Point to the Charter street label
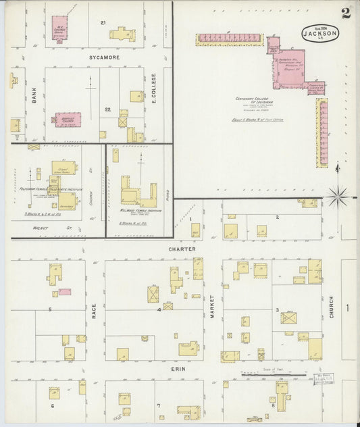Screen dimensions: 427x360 (182, 249)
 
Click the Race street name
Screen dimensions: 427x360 (94, 311)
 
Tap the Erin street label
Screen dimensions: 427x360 (178, 370)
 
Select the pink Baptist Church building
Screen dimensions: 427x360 (68, 120)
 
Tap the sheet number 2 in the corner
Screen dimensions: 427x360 (345, 12)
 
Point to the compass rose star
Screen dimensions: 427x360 (337, 197)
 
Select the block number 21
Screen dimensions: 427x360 (103, 23)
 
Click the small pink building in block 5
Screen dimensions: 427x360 (65, 292)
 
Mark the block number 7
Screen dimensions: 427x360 (158, 405)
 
